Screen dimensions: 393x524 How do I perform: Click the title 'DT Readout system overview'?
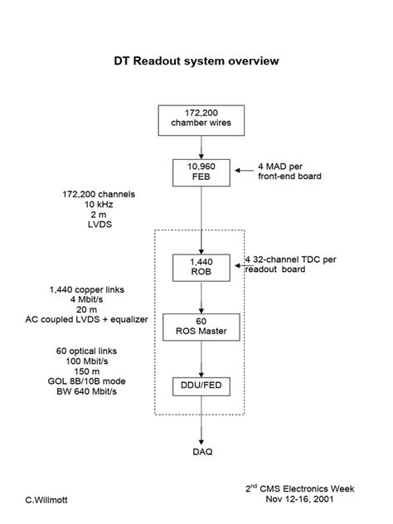pos(196,61)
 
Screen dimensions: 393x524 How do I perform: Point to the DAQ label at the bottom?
pos(202,452)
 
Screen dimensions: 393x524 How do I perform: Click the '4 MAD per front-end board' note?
pos(289,172)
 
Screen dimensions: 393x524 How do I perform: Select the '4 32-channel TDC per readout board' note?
pos(291,264)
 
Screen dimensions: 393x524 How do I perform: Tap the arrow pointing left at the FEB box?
pos(245,171)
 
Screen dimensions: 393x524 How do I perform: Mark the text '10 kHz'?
pos(99,205)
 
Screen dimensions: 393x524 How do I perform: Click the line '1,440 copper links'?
pos(87,289)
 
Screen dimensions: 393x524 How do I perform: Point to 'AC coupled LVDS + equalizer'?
pos(86,319)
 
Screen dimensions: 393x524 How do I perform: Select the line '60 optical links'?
pos(86,352)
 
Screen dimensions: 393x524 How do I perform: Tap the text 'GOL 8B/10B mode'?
pos(86,381)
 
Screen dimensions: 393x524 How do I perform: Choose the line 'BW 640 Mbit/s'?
pos(86,391)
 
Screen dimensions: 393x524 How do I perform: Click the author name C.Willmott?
pos(46,500)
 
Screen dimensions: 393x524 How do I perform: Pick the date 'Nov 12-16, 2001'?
pos(300,499)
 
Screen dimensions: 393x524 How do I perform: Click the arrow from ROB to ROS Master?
pos(201,298)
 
